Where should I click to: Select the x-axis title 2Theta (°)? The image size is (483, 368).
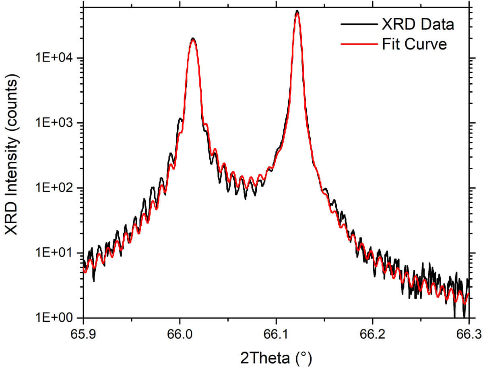tap(276, 356)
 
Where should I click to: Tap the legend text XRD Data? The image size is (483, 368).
tap(418, 25)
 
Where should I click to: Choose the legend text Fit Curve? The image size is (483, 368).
tap(414, 44)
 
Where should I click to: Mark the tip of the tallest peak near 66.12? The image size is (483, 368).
tap(297, 11)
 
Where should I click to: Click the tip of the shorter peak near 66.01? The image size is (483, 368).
tap(193, 39)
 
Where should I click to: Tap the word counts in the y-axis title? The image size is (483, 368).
tap(12, 100)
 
